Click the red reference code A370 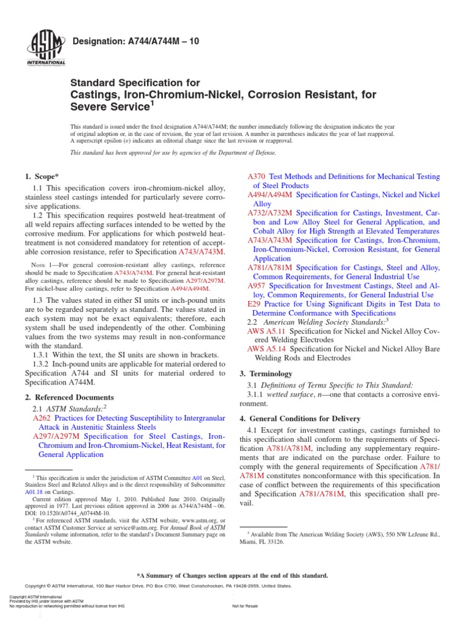[x=257, y=177]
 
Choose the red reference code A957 [x=257, y=285]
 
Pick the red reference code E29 [x=254, y=304]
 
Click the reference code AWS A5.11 [x=266, y=332]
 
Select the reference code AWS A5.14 [x=266, y=349]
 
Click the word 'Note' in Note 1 [x=39, y=265]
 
